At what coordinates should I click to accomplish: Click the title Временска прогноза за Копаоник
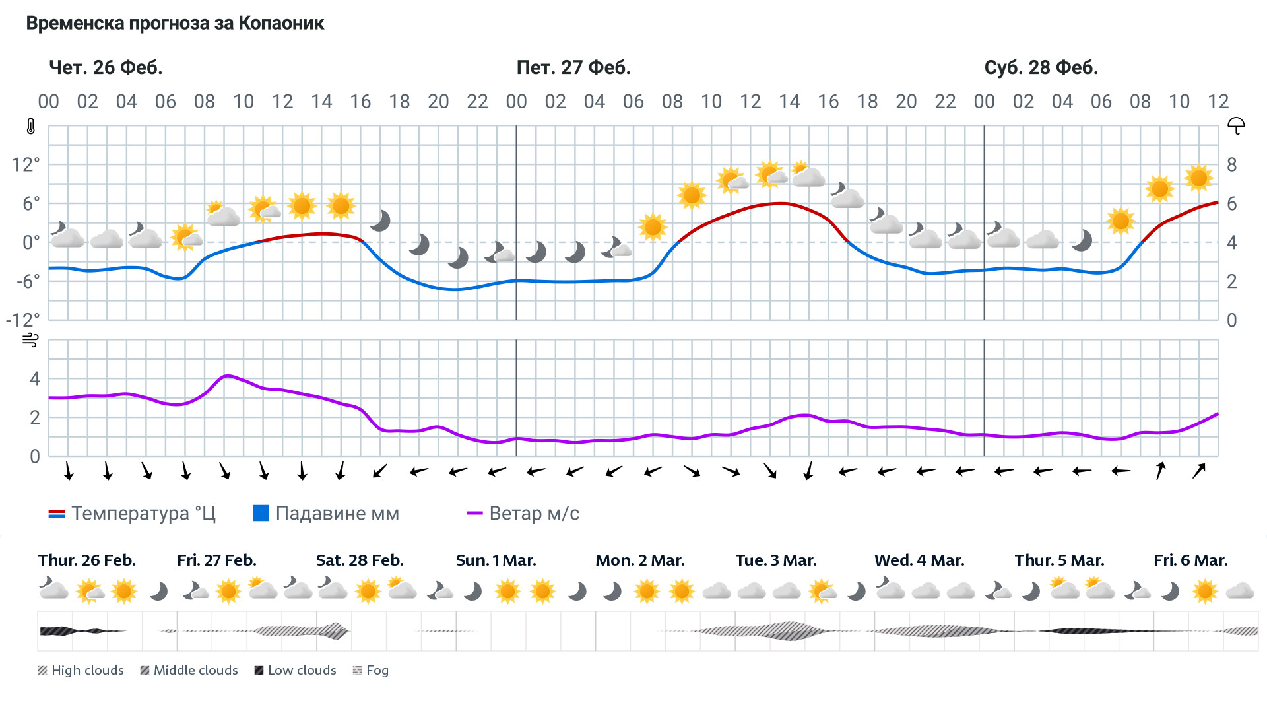pyautogui.click(x=175, y=24)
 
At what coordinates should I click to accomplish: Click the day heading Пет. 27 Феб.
pyautogui.click(x=573, y=67)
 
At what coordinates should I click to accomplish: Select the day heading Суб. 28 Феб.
pyautogui.click(x=1041, y=67)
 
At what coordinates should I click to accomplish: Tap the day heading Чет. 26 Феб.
pyautogui.click(x=106, y=67)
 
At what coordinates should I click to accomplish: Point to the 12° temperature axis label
pyautogui.click(x=26, y=164)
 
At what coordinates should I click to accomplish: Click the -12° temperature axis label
pyautogui.click(x=23, y=320)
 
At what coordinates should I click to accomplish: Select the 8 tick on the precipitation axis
pyautogui.click(x=1231, y=164)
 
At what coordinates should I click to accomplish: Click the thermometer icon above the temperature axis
pyautogui.click(x=30, y=127)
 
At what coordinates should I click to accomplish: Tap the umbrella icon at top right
pyautogui.click(x=1235, y=125)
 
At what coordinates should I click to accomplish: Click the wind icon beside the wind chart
pyautogui.click(x=30, y=341)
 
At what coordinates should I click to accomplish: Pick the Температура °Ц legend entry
pyautogui.click(x=132, y=514)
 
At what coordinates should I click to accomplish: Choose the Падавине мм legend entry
pyautogui.click(x=326, y=514)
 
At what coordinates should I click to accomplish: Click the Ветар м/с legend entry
pyautogui.click(x=523, y=514)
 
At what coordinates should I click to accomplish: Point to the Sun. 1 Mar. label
pyautogui.click(x=496, y=560)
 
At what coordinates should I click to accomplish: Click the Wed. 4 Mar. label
pyautogui.click(x=919, y=560)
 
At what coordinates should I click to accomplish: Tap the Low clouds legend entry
pyautogui.click(x=295, y=671)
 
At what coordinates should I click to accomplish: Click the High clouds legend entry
pyautogui.click(x=81, y=671)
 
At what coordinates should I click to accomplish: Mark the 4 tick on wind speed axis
pyautogui.click(x=35, y=379)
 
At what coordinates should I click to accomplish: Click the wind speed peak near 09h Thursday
pyautogui.click(x=227, y=376)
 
